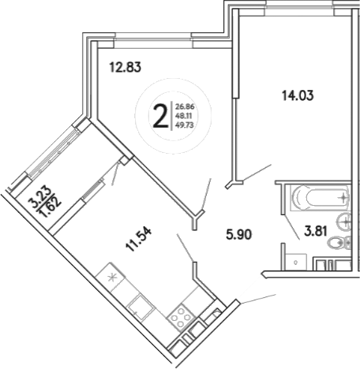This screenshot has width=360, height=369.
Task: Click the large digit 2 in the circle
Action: (x=160, y=117)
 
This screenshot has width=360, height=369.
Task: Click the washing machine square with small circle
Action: (x=294, y=258)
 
